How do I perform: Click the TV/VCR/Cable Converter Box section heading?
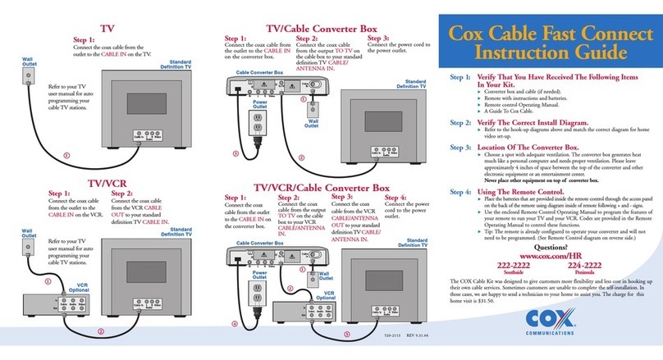point(322,187)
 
